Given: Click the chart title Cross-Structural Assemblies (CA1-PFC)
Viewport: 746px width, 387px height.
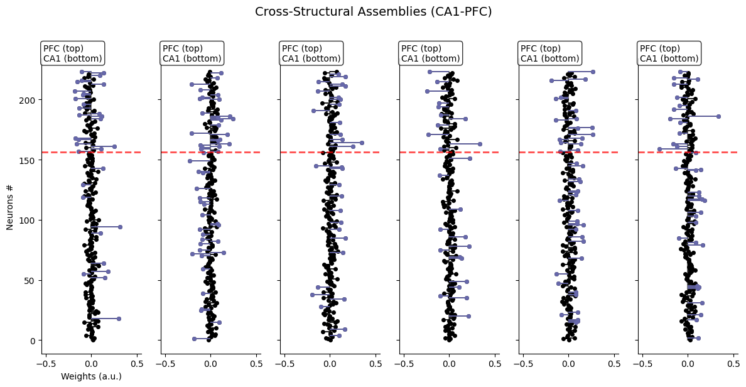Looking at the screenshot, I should (x=373, y=11).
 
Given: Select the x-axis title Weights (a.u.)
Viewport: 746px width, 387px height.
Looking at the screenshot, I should (x=91, y=376).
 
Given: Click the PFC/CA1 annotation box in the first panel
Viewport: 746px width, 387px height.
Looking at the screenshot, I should (x=72, y=53).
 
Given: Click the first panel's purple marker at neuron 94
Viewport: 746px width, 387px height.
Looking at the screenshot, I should (x=120, y=227).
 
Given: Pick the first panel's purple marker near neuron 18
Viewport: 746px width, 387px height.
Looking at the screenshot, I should (x=119, y=319).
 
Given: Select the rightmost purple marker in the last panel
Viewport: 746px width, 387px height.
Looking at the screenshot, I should (x=718, y=116).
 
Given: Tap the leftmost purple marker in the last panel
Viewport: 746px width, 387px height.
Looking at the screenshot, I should (x=659, y=149).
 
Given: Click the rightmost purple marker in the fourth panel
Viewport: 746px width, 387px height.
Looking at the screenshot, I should (x=480, y=144).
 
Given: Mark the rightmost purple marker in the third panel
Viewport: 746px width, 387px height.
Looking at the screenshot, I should (x=361, y=143).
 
